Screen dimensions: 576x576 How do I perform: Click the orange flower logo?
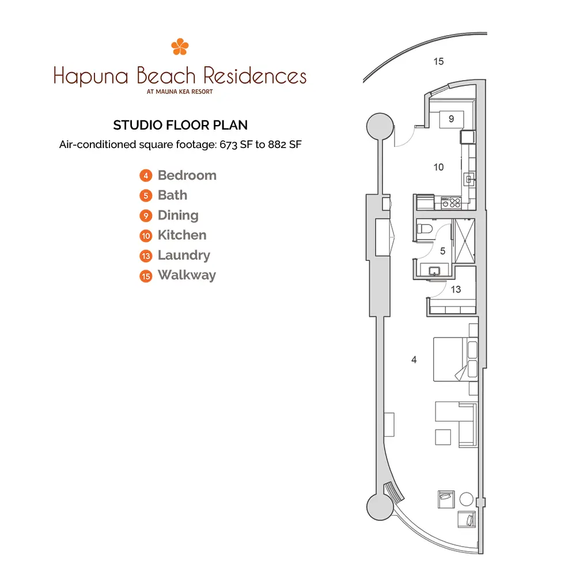180,47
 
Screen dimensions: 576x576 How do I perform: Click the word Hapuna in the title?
91,77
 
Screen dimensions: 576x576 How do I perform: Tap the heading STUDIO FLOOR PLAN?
180,125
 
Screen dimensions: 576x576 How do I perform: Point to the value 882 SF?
285,145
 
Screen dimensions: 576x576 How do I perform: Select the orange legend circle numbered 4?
146,176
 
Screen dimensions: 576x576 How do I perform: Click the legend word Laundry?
184,255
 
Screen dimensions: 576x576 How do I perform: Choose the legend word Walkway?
187,275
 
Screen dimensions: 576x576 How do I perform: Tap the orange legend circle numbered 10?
146,236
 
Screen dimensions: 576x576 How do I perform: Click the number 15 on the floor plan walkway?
438,62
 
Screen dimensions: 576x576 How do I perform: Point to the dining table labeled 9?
452,119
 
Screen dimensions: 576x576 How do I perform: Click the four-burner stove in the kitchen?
451,203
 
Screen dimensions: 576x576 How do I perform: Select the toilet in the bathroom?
425,229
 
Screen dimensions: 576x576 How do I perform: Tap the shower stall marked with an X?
465,241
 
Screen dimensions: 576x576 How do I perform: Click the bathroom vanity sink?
434,271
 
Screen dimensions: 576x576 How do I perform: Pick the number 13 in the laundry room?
456,290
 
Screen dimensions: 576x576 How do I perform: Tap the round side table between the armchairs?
466,499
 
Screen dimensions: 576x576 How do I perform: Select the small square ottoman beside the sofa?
443,437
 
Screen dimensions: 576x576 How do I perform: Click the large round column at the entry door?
380,126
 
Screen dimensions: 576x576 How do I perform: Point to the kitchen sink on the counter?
469,180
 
